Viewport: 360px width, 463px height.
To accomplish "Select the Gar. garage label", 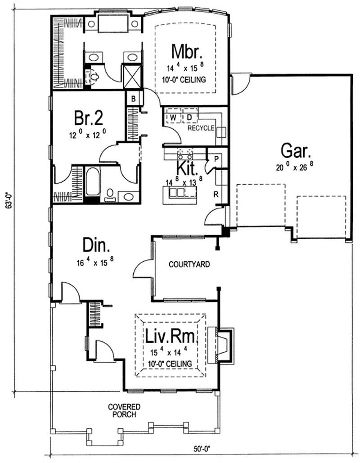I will [x=294, y=151].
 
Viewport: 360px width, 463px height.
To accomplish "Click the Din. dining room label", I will [x=96, y=246].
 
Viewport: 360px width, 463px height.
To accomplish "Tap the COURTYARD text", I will [x=189, y=264].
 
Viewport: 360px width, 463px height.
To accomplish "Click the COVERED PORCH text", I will [x=122, y=410].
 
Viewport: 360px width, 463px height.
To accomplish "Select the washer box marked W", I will [x=172, y=118].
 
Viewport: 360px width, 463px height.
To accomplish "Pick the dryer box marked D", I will [x=189, y=118].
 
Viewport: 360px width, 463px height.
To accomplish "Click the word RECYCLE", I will [x=201, y=128].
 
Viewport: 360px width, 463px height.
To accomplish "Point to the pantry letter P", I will [x=216, y=159].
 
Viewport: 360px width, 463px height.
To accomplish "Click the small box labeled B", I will [x=134, y=97].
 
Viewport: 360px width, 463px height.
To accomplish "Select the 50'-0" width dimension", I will [x=201, y=449].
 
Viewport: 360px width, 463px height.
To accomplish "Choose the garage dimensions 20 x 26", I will [x=294, y=167].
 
